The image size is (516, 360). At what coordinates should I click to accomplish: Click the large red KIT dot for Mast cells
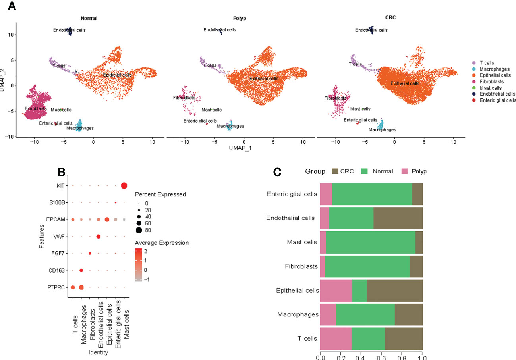[124, 186]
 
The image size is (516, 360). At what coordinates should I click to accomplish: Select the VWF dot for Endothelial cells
[98, 237]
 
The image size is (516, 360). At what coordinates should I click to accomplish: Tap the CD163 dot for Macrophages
[81, 270]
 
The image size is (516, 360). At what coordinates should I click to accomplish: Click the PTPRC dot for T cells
[73, 287]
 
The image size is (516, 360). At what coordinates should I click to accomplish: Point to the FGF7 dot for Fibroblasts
[90, 253]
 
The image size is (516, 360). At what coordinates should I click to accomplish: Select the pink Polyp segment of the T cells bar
[336, 339]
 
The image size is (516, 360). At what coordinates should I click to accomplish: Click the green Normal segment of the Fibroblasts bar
[367, 266]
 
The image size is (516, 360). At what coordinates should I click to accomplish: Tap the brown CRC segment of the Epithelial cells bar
[394, 291]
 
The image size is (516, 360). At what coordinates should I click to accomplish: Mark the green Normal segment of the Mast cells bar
[370, 242]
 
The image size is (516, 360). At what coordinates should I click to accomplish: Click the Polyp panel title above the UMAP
[240, 18]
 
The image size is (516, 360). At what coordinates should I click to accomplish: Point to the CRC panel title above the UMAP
[390, 18]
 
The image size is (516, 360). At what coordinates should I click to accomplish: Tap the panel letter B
[62, 171]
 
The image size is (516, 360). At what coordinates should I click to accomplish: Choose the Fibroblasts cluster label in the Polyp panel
[184, 98]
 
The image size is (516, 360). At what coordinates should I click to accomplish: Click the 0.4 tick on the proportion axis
[361, 357]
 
